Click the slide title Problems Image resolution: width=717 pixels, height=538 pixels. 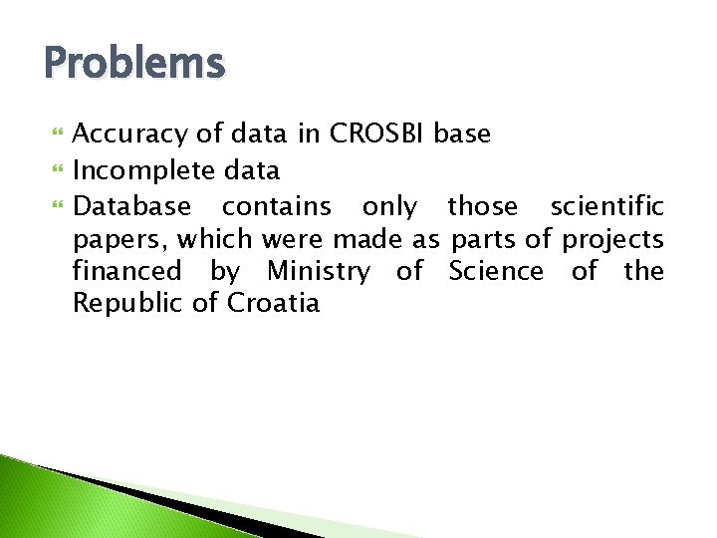click(x=135, y=64)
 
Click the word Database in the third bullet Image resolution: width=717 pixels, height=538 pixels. click(x=132, y=206)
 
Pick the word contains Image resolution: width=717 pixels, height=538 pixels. click(x=276, y=206)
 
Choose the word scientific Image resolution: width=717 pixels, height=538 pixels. click(x=606, y=206)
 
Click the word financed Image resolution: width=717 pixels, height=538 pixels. click(x=127, y=271)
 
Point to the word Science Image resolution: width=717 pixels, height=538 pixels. click(x=496, y=271)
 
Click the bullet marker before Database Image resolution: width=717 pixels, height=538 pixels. click(x=56, y=207)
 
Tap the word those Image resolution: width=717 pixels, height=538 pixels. click(x=483, y=206)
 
